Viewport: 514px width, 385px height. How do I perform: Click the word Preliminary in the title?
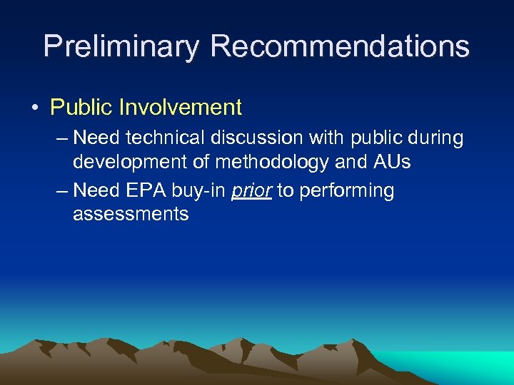(x=121, y=47)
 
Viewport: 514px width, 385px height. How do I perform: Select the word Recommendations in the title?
(x=340, y=47)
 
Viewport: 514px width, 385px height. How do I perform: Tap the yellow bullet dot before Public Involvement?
(x=35, y=108)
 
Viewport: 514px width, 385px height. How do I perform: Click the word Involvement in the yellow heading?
(x=181, y=108)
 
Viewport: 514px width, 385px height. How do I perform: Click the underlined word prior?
(x=251, y=191)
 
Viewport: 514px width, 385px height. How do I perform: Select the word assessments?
(x=131, y=215)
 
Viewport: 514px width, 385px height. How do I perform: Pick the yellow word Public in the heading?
(x=81, y=108)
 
